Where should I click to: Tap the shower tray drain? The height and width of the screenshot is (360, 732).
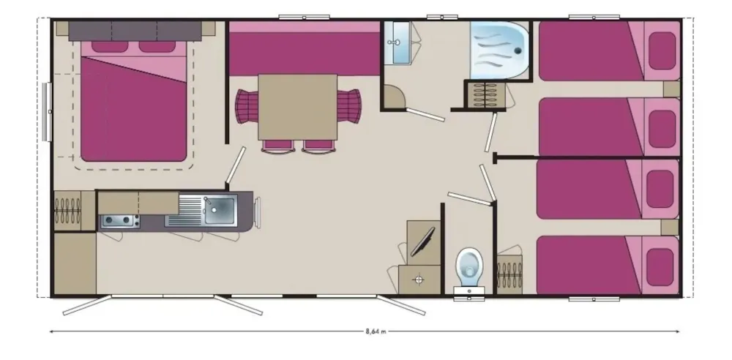pyautogui.click(x=518, y=51)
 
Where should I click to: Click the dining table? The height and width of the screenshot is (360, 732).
pyautogui.click(x=297, y=107)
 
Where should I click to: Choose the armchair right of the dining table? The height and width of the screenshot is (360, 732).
pyautogui.click(x=348, y=106)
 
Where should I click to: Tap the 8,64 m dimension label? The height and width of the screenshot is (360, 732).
pyautogui.click(x=376, y=332)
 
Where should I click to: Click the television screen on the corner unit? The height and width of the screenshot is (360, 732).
pyautogui.click(x=422, y=242)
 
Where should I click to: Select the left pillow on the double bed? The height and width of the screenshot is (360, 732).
pyautogui.click(x=109, y=47)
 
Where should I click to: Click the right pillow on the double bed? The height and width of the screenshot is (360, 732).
pyautogui.click(x=157, y=47)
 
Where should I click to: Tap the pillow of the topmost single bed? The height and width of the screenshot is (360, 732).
pyautogui.click(x=662, y=51)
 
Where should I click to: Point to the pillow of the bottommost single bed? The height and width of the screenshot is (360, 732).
pyautogui.click(x=660, y=266)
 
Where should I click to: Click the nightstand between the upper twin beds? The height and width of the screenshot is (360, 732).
pyautogui.click(x=671, y=89)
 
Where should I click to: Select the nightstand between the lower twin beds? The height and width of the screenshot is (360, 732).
pyautogui.click(x=670, y=228)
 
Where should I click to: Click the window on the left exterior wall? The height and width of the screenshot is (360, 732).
pyautogui.click(x=47, y=112)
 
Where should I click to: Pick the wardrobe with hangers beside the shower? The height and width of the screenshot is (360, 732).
pyautogui.click(x=485, y=95)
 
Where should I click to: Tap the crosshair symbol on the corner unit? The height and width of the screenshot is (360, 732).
pyautogui.click(x=418, y=280)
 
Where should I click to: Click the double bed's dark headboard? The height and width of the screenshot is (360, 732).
pyautogui.click(x=135, y=31)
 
